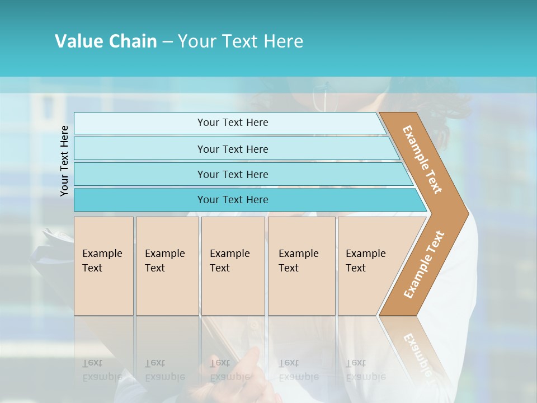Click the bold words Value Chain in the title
106,41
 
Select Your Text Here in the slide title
241,41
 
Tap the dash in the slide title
167,42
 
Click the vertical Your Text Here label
65,161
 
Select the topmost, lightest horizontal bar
232,123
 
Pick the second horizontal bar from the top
232,149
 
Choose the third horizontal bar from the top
232,174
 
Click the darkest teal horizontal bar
232,200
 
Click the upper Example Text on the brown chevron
422,160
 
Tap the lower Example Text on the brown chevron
424,265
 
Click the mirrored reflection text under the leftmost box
102,369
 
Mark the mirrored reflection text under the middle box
229,369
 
